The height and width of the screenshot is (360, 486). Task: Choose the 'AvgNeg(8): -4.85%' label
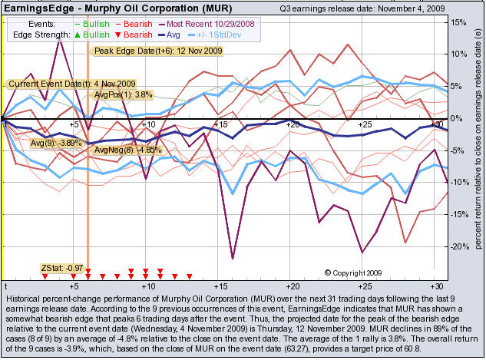coord(117,150)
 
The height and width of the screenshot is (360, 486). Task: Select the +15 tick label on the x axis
coord(220,124)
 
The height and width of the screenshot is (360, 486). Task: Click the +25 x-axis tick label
coord(363,124)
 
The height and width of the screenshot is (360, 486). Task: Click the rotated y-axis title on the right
coord(479,146)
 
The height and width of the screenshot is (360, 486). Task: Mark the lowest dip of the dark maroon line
coord(233,259)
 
